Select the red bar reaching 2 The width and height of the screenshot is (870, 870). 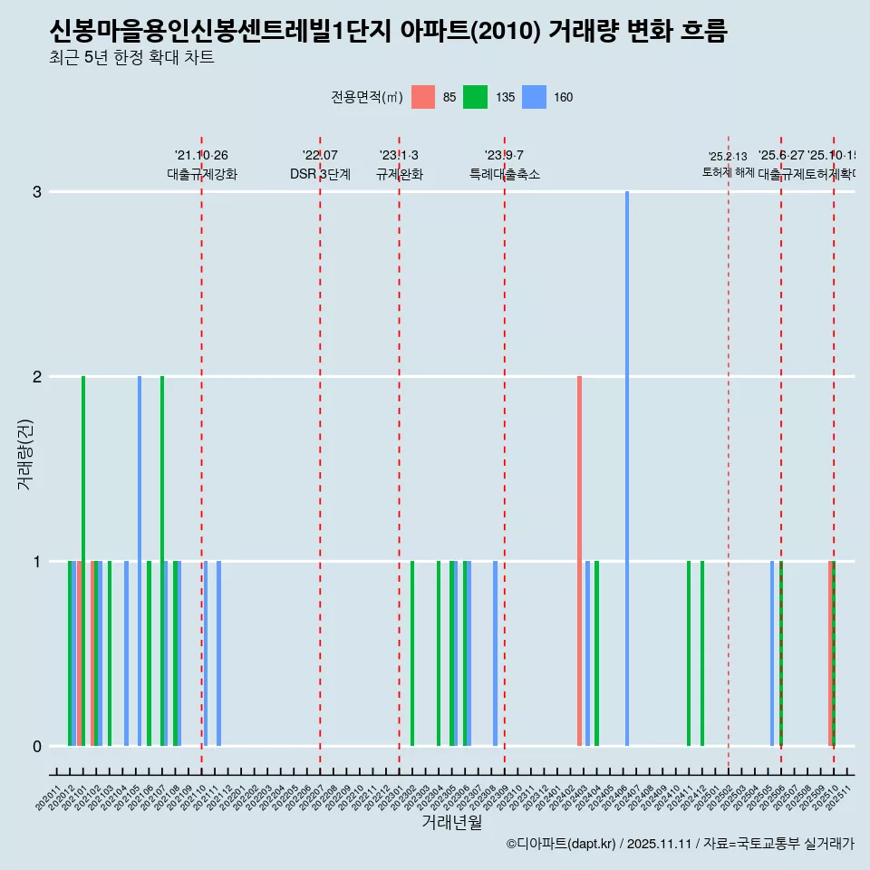[x=579, y=561]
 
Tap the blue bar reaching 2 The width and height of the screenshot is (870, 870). [x=140, y=561]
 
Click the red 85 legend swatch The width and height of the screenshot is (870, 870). [x=423, y=97]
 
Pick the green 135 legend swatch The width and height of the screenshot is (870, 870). [x=475, y=97]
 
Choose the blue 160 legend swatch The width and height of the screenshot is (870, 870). [x=535, y=97]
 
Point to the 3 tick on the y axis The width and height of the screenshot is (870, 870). [x=37, y=192]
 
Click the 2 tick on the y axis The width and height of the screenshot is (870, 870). [x=37, y=377]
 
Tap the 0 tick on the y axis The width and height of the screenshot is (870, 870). [x=37, y=747]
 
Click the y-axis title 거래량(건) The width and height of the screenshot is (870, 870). [x=24, y=453]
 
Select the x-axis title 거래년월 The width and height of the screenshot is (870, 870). [x=451, y=822]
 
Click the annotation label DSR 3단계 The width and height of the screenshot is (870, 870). [x=320, y=174]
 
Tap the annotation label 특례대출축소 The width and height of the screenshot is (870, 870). [x=504, y=174]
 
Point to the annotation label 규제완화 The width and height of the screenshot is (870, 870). [x=399, y=174]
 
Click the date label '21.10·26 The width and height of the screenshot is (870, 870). [x=201, y=155]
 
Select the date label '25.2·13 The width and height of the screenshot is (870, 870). [x=728, y=157]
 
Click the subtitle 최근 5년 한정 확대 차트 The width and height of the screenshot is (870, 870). [x=131, y=59]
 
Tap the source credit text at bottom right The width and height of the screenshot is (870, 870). [x=680, y=844]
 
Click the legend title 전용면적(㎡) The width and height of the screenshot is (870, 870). [x=366, y=97]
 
